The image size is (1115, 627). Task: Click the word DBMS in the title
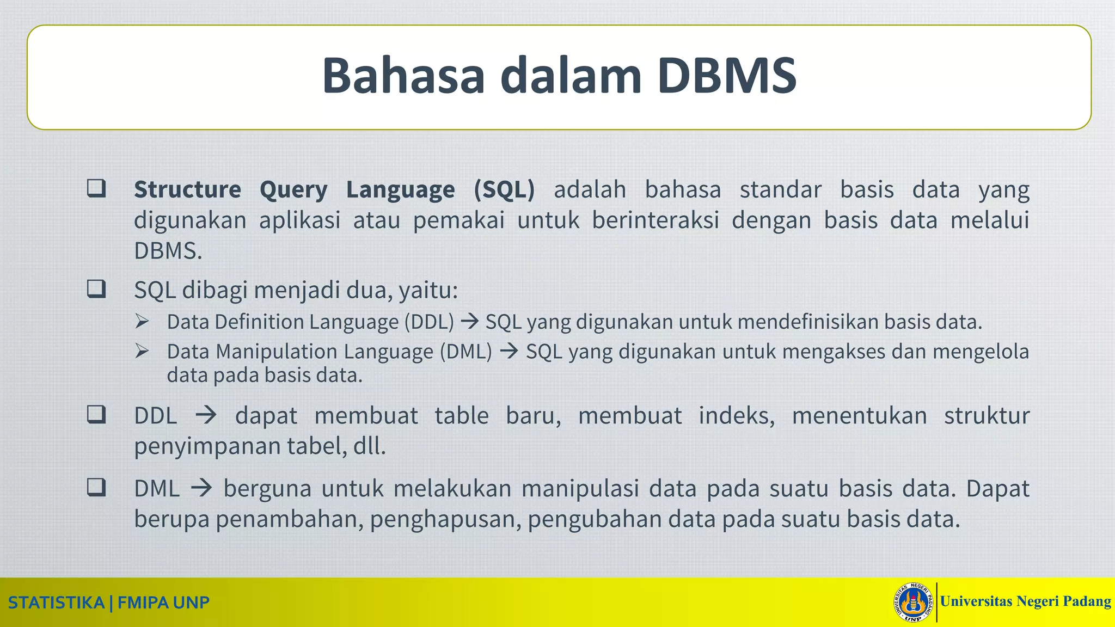tap(727, 76)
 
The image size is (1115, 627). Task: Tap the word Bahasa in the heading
tap(403, 76)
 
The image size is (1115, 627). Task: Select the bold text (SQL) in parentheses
tap(504, 189)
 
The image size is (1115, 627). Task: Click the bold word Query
tap(293, 189)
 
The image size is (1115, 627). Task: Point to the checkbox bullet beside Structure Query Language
tap(96, 188)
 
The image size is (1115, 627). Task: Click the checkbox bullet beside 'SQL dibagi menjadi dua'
tap(96, 288)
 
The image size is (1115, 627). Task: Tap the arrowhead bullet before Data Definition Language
tap(142, 322)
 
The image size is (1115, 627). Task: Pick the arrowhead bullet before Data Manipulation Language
tap(142, 351)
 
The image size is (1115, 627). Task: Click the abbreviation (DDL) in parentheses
tap(429, 322)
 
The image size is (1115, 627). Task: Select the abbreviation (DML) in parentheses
tap(466, 351)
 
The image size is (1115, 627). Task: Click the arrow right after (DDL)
tap(469, 321)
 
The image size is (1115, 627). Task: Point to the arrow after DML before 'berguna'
tap(201, 488)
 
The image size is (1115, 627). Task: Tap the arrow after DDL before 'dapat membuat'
tap(206, 415)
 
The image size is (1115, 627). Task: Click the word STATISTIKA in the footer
tap(56, 603)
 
